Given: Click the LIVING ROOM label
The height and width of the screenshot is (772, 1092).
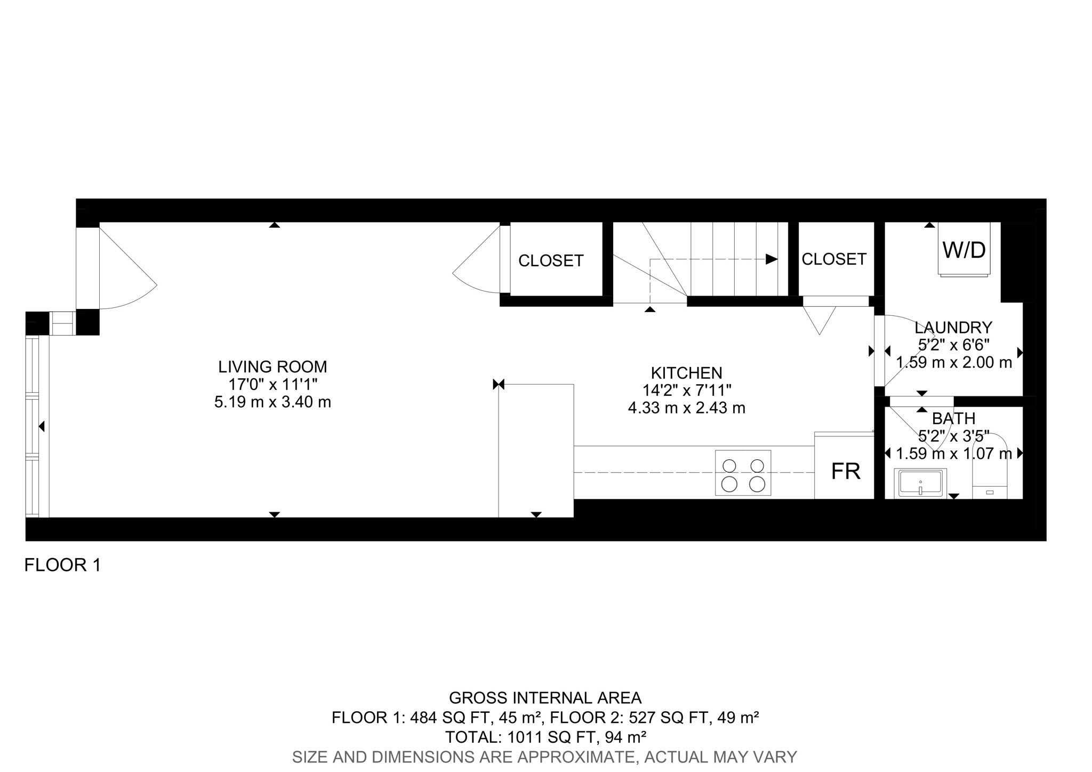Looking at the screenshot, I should [272, 367].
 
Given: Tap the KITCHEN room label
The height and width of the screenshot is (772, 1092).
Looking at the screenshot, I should [686, 372].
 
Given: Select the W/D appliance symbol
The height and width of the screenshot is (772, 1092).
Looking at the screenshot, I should [964, 249].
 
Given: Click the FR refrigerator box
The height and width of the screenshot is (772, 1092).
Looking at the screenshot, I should [845, 471].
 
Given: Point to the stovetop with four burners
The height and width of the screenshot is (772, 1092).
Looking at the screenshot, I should [743, 473].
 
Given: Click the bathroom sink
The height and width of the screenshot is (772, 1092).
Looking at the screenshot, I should [920, 483].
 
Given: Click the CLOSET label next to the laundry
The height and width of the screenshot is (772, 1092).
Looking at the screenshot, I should [834, 259].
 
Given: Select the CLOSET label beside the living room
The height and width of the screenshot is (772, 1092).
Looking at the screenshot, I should [551, 260].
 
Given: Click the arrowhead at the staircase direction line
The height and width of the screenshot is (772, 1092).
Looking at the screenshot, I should [771, 259].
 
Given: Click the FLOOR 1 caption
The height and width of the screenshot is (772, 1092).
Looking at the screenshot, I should [62, 565].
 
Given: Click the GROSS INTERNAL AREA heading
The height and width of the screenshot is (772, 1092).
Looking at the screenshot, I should [545, 697].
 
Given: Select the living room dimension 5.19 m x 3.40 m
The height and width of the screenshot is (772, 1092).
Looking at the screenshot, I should [272, 402].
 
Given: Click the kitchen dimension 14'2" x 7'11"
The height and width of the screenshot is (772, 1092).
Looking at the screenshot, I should [686, 390].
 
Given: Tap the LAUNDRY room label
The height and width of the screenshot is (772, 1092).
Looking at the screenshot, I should [953, 327].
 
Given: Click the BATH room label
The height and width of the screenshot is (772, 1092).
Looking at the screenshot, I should [953, 418].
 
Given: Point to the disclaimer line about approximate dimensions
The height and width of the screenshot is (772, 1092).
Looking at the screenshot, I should [544, 757].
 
